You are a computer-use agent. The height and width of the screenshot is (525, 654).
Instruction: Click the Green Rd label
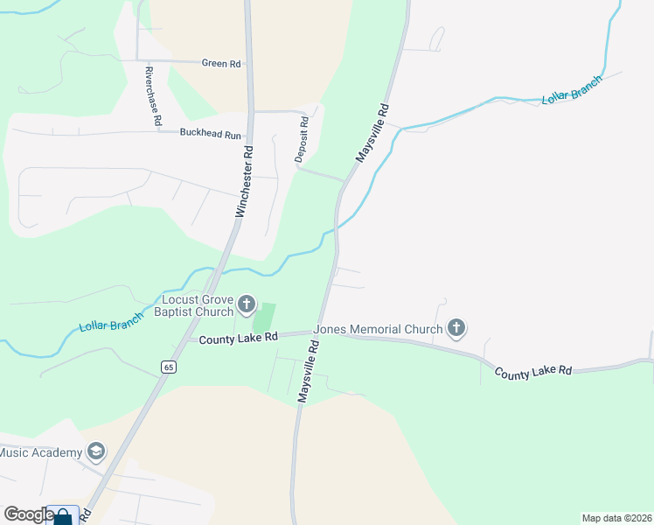[220, 64]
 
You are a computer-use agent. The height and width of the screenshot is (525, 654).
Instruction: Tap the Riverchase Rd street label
[154, 97]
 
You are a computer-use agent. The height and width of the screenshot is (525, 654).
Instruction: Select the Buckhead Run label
[210, 135]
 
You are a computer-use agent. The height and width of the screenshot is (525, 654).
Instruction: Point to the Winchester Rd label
[244, 181]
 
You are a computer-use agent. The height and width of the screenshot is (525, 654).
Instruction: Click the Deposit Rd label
[302, 140]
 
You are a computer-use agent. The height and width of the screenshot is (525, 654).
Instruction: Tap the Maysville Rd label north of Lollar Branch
[371, 134]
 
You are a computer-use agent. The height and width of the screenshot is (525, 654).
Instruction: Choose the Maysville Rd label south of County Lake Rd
[308, 372]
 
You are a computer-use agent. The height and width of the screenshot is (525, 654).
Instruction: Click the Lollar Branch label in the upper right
[572, 91]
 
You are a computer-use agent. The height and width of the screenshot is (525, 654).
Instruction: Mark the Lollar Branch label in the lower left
[110, 323]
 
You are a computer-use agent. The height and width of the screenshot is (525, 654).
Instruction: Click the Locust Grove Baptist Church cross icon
[247, 304]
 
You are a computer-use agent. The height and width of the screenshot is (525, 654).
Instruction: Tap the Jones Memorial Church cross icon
[456, 329]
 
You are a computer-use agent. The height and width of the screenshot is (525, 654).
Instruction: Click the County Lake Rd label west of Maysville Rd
[238, 337]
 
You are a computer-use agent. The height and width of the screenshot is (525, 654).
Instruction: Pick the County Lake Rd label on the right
[532, 372]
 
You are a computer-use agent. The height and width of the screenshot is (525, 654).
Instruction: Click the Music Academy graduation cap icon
[96, 451]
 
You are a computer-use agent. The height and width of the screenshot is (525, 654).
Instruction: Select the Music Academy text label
[41, 452]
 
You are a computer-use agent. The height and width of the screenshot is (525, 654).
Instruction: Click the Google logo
[29, 514]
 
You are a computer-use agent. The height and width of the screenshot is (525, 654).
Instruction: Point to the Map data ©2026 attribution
[616, 518]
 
